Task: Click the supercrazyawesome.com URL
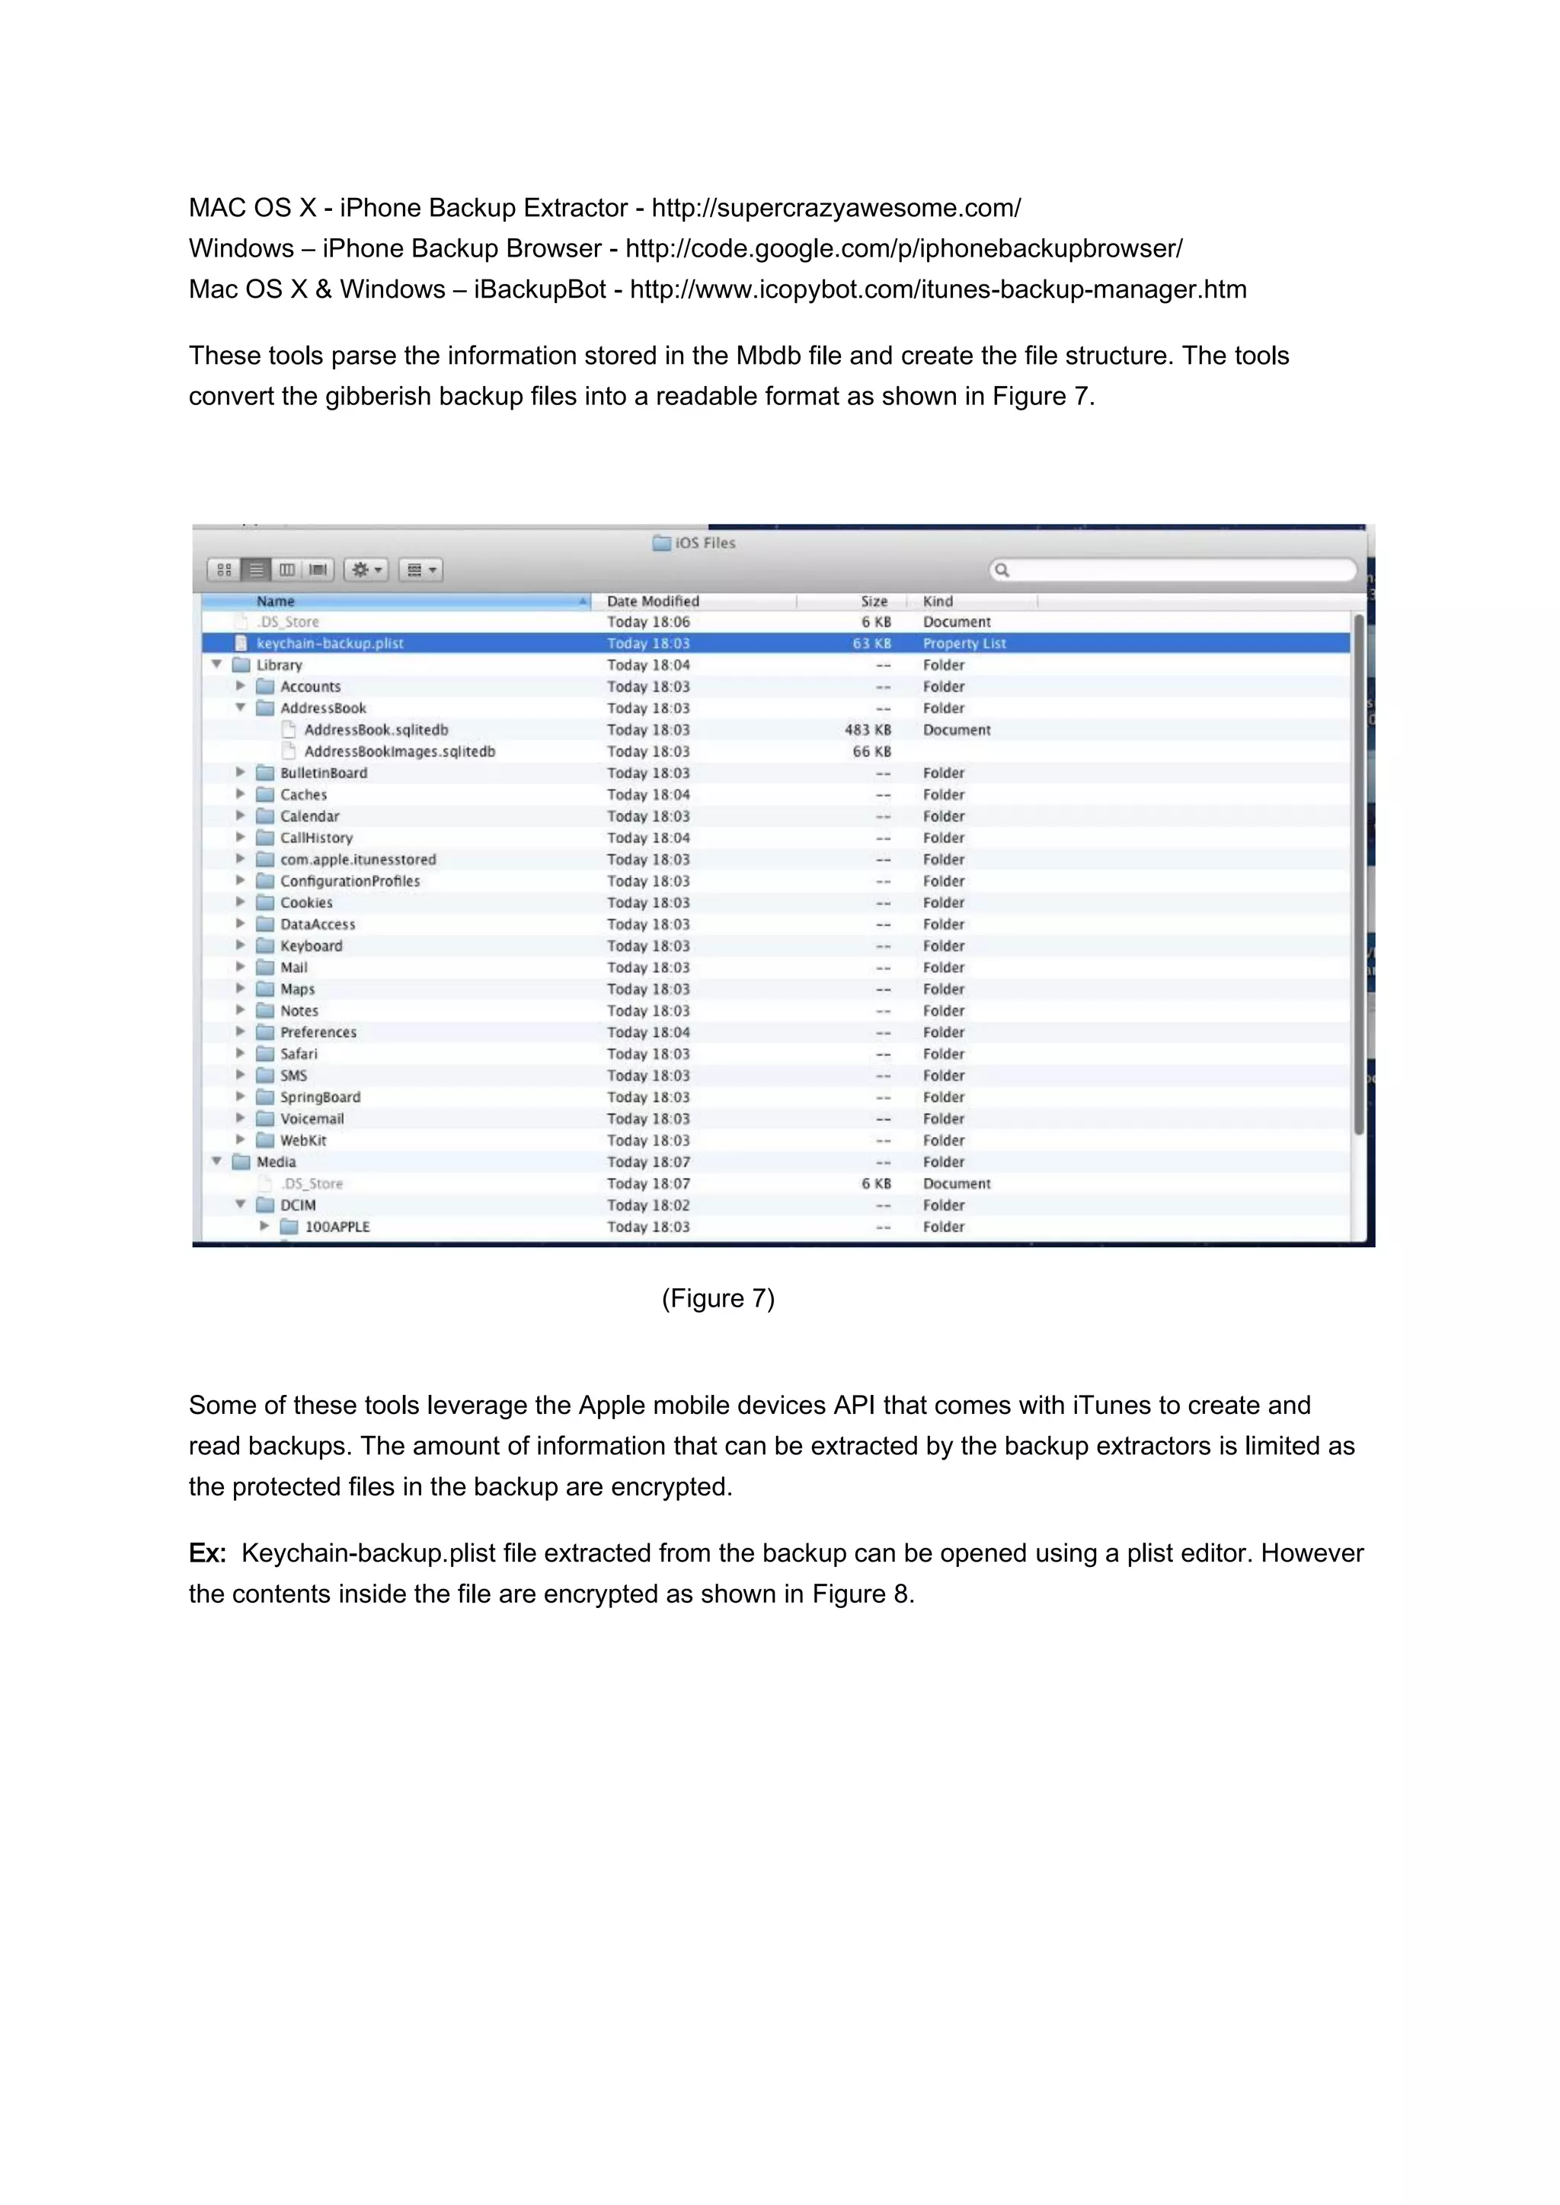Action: (836, 209)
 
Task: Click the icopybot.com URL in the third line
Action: (938, 290)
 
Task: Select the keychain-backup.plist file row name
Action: (330, 643)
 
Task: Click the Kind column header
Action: (938, 602)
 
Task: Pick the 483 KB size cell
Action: (868, 730)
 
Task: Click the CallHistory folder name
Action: (316, 838)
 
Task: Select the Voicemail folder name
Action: (312, 1118)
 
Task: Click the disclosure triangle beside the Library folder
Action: (217, 665)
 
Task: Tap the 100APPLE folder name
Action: (337, 1227)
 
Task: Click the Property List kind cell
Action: (964, 643)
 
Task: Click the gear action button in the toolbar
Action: (366, 570)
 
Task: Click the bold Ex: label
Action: (207, 1553)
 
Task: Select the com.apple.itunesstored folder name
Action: (357, 860)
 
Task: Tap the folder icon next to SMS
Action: (265, 1076)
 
